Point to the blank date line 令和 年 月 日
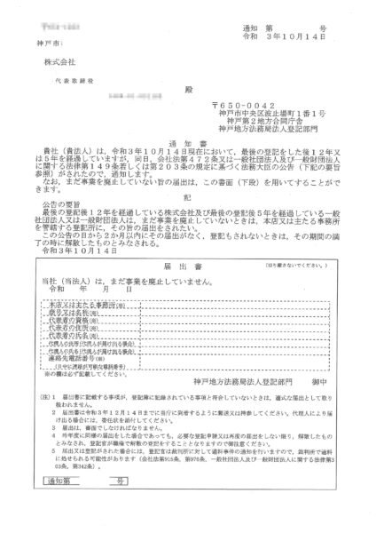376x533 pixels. point(85,313)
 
